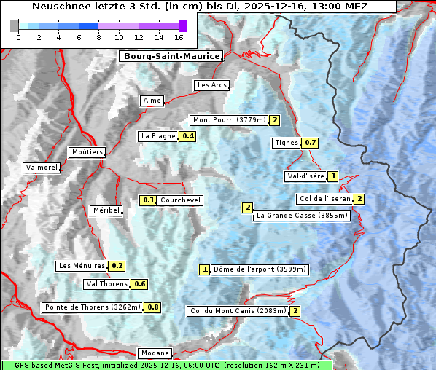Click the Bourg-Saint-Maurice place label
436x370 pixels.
[x=171, y=56]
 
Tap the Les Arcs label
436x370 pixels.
[x=212, y=85]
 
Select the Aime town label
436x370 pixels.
[x=152, y=101]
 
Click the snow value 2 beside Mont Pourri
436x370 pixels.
[x=275, y=120]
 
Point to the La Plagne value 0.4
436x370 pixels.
[x=188, y=136]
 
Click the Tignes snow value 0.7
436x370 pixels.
[x=311, y=143]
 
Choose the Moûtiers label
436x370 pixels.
[x=86, y=152]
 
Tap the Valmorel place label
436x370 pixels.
[x=42, y=168]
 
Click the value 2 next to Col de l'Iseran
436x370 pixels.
[x=359, y=199]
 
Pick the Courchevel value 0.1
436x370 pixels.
[x=148, y=200]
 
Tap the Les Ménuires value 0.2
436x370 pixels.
[x=117, y=266]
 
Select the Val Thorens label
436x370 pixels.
[x=106, y=284]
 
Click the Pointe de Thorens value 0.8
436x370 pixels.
[x=153, y=307]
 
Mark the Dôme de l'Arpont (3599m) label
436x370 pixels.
[x=260, y=269]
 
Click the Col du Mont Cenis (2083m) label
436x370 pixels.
[x=238, y=311]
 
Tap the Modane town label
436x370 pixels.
[x=155, y=353]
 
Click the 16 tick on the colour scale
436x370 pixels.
[x=179, y=37]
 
